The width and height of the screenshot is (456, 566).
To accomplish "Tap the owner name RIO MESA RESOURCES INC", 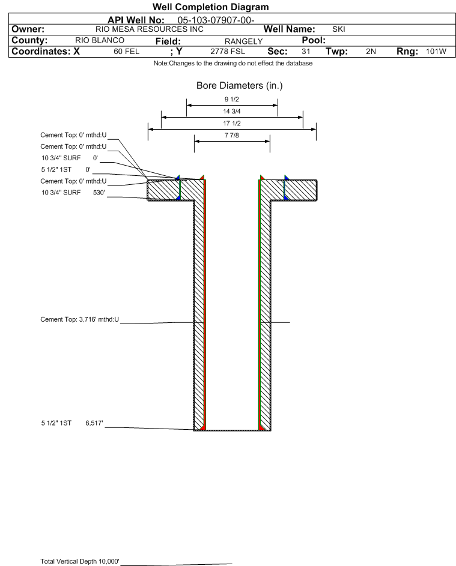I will click(150, 29).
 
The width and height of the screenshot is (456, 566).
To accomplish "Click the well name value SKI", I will click(338, 29).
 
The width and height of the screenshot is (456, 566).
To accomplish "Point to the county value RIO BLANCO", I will click(100, 40).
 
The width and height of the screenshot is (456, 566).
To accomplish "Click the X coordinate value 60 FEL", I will click(126, 52).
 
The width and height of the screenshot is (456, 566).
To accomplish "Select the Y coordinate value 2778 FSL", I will click(227, 52).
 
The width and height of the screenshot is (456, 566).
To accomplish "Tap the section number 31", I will click(305, 52).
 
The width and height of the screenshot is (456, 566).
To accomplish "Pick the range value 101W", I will click(436, 52).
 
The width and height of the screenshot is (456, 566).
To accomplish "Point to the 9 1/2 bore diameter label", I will click(232, 100).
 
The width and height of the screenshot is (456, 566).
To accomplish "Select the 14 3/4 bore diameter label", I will click(232, 112).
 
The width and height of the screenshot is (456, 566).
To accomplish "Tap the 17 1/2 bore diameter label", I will click(232, 122).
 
